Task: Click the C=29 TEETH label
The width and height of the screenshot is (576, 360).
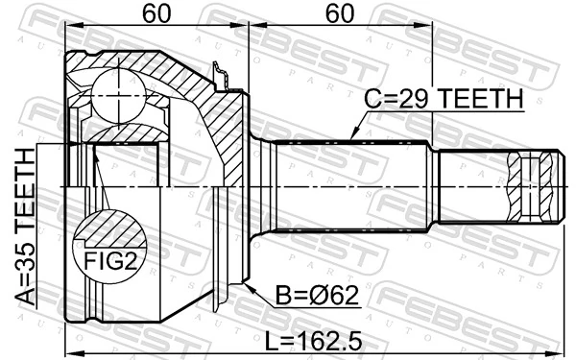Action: (x=442, y=98)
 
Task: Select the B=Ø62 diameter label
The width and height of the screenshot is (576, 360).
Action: (x=312, y=295)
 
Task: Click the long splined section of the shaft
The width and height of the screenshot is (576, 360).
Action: (x=350, y=185)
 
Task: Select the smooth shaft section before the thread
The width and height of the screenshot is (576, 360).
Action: (x=470, y=185)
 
